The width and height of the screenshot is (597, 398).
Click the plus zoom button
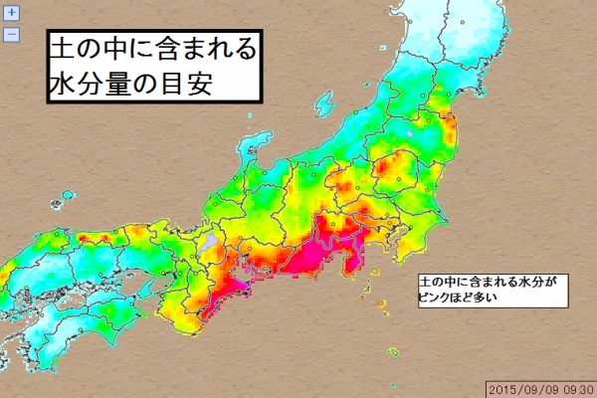tap(12, 16)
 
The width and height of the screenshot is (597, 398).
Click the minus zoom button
tap(12, 34)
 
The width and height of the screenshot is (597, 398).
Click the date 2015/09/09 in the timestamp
tap(523, 388)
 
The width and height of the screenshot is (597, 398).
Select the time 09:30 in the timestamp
tap(576, 388)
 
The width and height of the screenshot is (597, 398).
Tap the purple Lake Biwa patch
tap(208, 242)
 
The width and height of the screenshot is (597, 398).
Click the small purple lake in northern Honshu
tap(408, 130)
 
